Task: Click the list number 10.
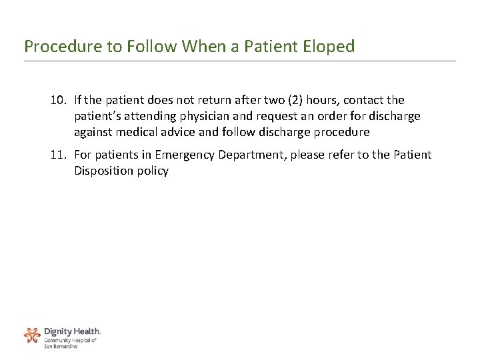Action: [x=58, y=100]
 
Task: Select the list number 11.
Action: [x=58, y=155]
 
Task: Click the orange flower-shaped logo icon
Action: [x=32, y=335]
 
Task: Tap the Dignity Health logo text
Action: [x=72, y=331]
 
